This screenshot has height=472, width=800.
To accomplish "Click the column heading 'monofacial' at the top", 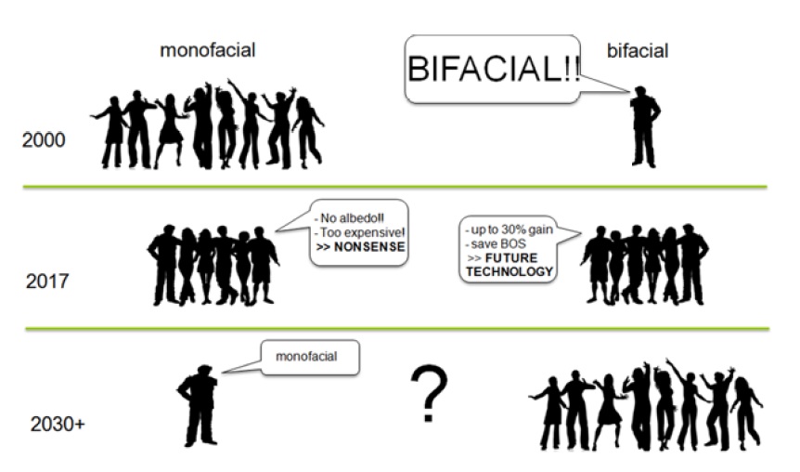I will click(x=207, y=50).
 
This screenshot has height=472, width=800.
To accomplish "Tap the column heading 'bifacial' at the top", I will click(x=637, y=50).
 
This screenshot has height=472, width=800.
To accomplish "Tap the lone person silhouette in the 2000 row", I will click(x=643, y=125).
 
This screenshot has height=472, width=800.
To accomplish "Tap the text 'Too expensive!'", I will click(x=359, y=232).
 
